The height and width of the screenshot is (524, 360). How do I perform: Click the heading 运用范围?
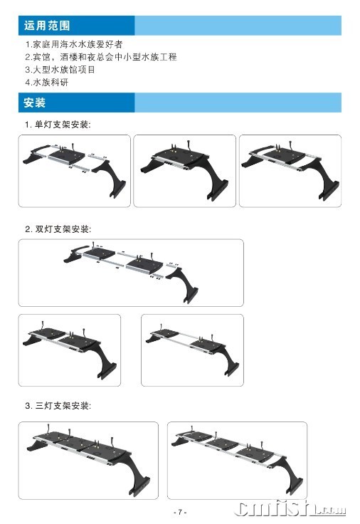coord(47,26)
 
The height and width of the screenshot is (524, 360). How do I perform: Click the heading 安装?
coord(34,103)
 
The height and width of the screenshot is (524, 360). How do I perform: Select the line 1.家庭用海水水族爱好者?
coord(74,44)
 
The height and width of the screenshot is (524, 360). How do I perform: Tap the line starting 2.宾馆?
coord(101,57)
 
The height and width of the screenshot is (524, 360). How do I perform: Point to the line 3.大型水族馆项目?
coord(60,70)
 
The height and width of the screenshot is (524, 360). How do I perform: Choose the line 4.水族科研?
coord(47,82)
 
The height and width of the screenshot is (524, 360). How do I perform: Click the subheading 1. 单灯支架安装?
coord(58,125)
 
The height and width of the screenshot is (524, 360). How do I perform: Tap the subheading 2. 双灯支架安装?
coord(58,229)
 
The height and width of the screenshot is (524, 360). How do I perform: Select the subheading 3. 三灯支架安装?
coord(58,406)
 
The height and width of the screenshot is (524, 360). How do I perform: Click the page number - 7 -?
coord(180,512)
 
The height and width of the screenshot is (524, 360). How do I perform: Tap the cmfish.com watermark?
coord(290,508)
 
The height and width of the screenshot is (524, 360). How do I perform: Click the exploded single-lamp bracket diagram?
coord(75,171)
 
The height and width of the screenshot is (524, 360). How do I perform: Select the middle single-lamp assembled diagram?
coord(185,171)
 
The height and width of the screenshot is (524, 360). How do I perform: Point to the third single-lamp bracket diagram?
coord(290,171)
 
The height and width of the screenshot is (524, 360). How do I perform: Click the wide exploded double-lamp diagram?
coord(131,273)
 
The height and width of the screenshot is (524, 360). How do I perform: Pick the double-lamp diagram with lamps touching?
coord(70,350)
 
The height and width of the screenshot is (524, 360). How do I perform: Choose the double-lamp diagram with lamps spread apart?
coord(192,350)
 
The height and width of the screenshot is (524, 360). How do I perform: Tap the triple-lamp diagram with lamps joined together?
coord(88,461)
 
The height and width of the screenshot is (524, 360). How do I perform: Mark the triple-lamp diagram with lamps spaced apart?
coord(237,461)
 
